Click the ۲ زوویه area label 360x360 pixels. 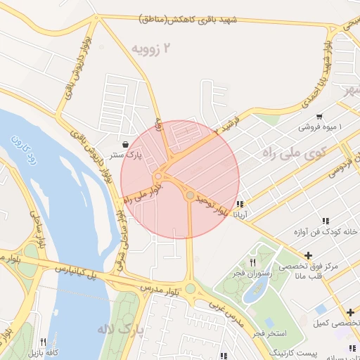click(x=153, y=48)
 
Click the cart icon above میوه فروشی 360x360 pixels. click(x=320, y=117)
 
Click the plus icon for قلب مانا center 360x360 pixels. click(x=308, y=255)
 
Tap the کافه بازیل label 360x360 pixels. click(x=46, y=352)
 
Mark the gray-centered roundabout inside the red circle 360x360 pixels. click(x=191, y=195)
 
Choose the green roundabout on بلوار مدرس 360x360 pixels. click(x=190, y=288)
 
